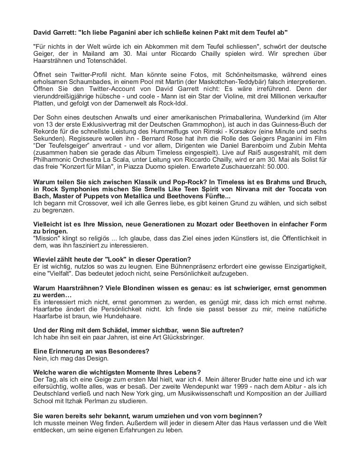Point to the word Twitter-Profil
tap(90, 75)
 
